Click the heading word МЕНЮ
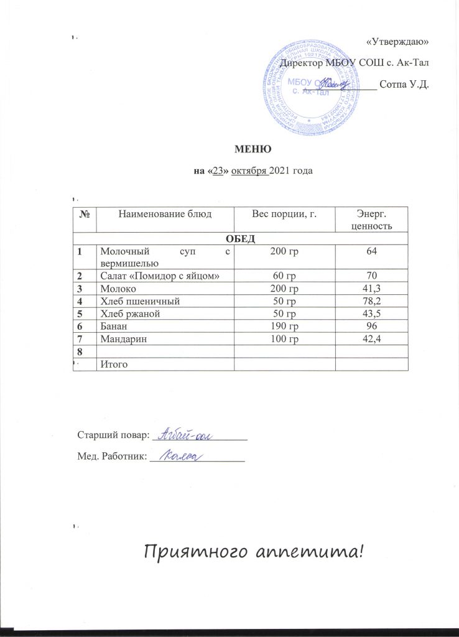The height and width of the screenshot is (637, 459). click(251, 149)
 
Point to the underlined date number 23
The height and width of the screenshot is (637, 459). click(218, 172)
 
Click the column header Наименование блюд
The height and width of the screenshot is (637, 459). click(165, 214)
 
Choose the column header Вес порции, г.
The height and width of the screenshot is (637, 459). click(284, 214)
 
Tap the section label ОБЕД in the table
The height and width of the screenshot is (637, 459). click(241, 238)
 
